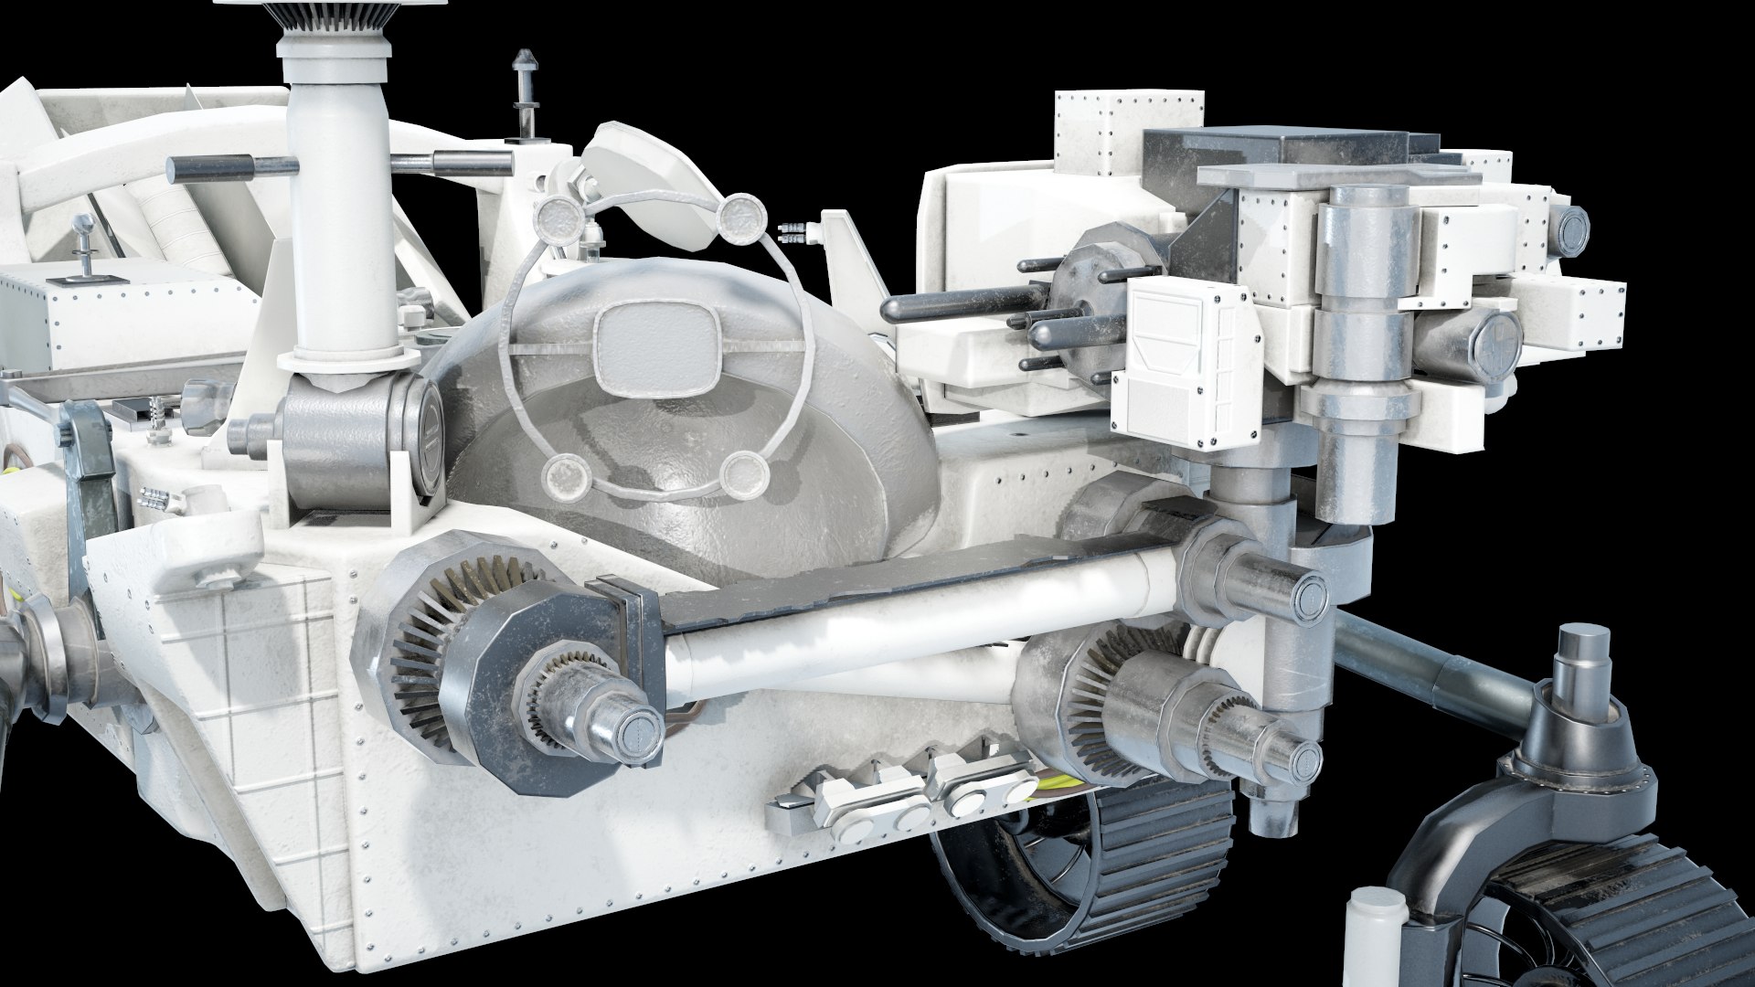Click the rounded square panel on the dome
[654, 343]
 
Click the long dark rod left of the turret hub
[960, 305]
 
